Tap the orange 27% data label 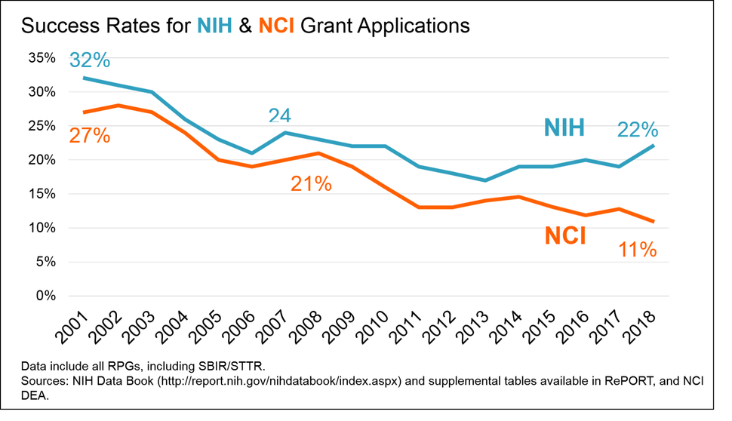89,136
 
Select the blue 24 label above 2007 280,115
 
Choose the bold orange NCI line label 566,235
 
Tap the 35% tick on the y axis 41,58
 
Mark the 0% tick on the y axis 45,296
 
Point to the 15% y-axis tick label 41,194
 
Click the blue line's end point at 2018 653,146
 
